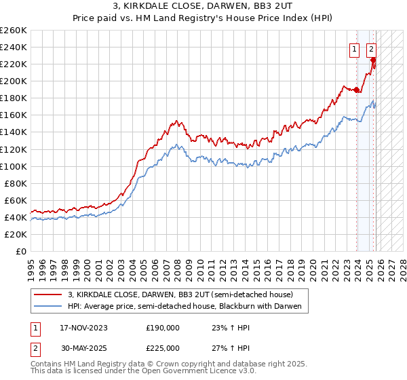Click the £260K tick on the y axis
(x=14, y=31)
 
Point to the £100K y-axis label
(x=14, y=166)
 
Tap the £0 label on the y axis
(x=20, y=251)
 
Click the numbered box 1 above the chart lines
(x=355, y=48)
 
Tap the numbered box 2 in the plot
(x=372, y=48)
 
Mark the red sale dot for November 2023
(x=357, y=90)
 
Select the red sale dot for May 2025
(x=373, y=60)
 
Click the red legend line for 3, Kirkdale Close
(x=49, y=295)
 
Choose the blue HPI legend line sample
(x=49, y=307)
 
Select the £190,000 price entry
(x=163, y=327)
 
